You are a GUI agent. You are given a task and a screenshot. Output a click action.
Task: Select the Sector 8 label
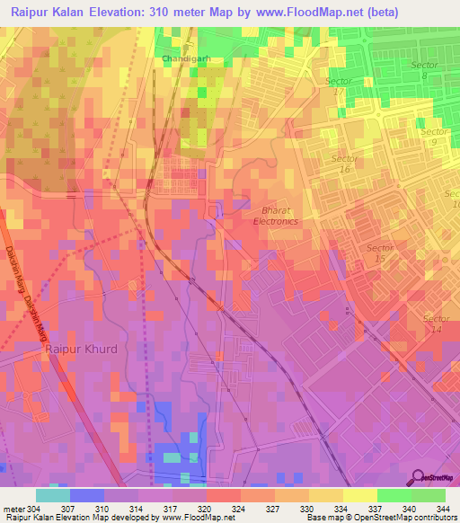[424, 71]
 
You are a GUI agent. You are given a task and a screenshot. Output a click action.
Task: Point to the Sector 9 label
[434, 137]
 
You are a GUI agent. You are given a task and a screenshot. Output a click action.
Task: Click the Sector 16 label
[344, 164]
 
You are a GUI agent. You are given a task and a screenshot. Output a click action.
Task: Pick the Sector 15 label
[380, 253]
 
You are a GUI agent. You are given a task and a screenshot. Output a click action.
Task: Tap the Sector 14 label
[437, 324]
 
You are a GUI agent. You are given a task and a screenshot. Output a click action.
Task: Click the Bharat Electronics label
[275, 215]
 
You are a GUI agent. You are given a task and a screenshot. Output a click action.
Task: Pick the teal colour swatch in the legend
[52, 495]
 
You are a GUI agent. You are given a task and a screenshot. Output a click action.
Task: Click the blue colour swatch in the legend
[86, 495]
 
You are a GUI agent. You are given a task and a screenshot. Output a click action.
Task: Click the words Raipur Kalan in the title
[51, 13]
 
